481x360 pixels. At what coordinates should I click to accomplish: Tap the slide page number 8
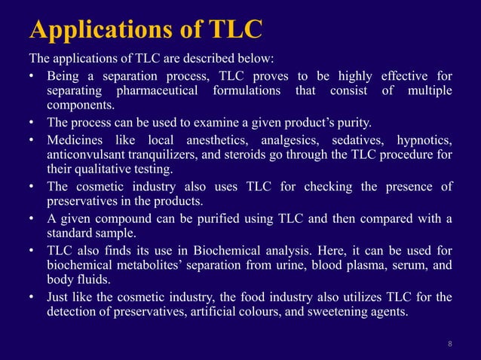(x=450, y=344)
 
